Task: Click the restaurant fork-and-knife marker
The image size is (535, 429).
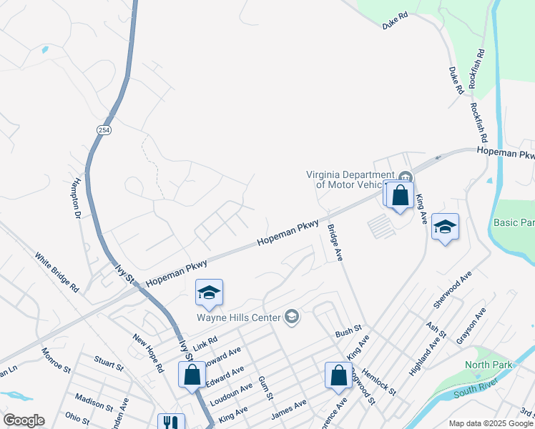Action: pyautogui.click(x=170, y=423)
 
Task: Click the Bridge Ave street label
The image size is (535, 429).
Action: pyautogui.click(x=335, y=243)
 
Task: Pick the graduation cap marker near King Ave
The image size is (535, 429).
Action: pyautogui.click(x=445, y=228)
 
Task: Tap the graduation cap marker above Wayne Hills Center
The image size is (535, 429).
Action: pyautogui.click(x=209, y=293)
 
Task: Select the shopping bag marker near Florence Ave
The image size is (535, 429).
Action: pyautogui.click(x=338, y=376)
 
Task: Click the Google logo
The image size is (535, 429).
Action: pyautogui.click(x=24, y=420)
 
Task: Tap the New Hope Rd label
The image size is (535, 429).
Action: pyautogui.click(x=149, y=353)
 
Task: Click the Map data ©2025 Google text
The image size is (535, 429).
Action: pyautogui.click(x=491, y=423)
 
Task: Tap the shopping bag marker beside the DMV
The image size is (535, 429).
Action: pyautogui.click(x=401, y=195)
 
